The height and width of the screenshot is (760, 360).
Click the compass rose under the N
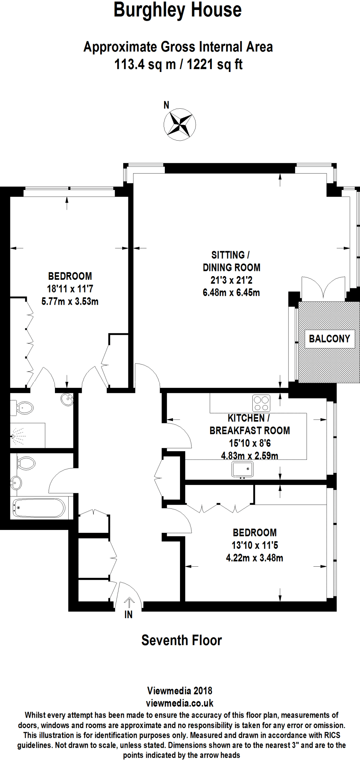tap(180, 124)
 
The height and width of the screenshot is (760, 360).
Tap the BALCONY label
tap(329, 338)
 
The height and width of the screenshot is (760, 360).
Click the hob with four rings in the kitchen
tap(261, 403)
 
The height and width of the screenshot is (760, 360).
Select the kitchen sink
tap(242, 469)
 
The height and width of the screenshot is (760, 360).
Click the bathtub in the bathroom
tap(39, 508)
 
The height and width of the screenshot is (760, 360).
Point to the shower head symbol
tap(17, 436)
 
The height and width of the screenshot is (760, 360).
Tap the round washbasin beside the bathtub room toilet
tap(16, 483)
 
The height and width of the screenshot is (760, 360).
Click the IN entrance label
tap(128, 615)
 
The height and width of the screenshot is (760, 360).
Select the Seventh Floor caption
tap(181, 640)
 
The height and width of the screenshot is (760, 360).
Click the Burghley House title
tap(178, 10)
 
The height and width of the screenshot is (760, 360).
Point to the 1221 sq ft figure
tap(214, 65)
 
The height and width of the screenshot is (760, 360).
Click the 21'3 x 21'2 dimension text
tap(231, 280)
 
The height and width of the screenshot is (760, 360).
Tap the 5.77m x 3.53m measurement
tap(70, 301)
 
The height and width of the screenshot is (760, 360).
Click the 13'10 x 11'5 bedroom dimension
tap(255, 545)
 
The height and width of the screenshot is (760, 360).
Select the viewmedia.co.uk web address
tap(180, 703)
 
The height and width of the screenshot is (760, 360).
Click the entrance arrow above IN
tap(129, 602)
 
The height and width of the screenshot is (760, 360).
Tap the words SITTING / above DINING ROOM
tap(230, 255)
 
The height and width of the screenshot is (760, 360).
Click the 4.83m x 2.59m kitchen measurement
tap(249, 456)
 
